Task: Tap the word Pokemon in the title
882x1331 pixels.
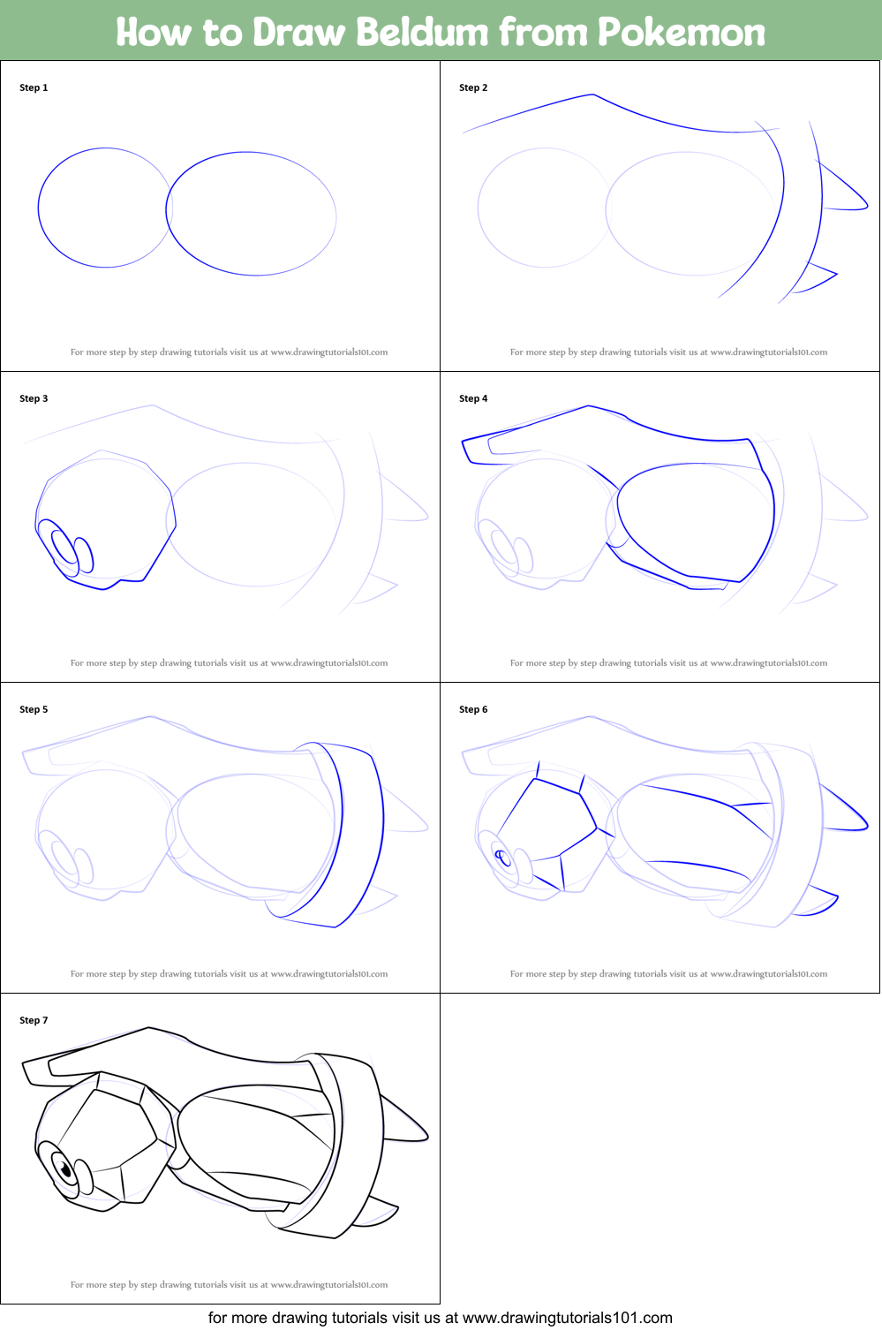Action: pyautogui.click(x=681, y=32)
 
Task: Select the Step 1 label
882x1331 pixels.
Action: pyautogui.click(x=34, y=87)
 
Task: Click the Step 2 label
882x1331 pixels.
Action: pyautogui.click(x=473, y=87)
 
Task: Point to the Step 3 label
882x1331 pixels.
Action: pyautogui.click(x=34, y=398)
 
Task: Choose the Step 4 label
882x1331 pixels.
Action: pyautogui.click(x=473, y=398)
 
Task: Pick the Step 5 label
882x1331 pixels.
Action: pyautogui.click(x=34, y=709)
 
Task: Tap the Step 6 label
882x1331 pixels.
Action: pyautogui.click(x=473, y=709)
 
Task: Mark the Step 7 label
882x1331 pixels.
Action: pyautogui.click(x=34, y=1020)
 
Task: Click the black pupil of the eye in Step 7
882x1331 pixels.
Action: pyautogui.click(x=65, y=1171)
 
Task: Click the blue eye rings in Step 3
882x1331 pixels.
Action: pyautogui.click(x=71, y=549)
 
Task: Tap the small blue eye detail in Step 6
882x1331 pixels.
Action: pyautogui.click(x=501, y=855)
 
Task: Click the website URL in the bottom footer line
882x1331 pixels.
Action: pyautogui.click(x=567, y=1318)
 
